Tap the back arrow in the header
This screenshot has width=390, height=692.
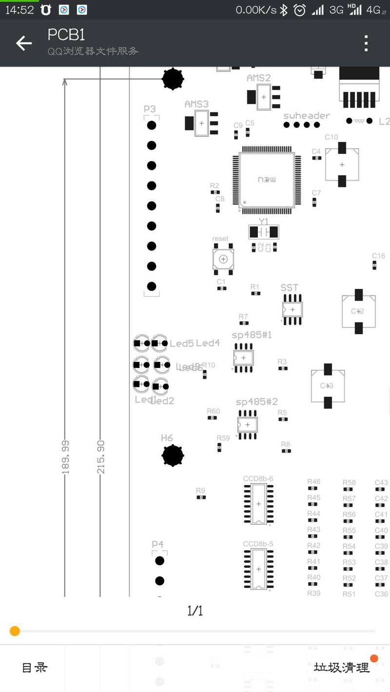click(x=23, y=43)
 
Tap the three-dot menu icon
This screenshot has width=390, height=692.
click(x=366, y=43)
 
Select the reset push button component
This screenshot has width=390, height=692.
click(x=223, y=259)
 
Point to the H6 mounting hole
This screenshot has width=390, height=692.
click(x=173, y=455)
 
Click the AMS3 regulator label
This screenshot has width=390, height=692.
click(x=196, y=104)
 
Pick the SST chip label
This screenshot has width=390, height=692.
click(x=289, y=288)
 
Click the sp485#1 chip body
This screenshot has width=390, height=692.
click(x=244, y=358)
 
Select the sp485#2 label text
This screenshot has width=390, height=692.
click(x=256, y=401)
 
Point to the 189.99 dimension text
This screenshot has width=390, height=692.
click(x=65, y=457)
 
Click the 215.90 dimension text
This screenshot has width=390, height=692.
click(x=101, y=457)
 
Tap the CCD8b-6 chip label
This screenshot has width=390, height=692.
click(x=258, y=478)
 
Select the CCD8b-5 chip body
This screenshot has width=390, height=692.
click(x=258, y=569)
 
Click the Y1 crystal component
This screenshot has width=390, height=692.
click(x=263, y=232)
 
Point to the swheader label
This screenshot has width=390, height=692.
click(x=306, y=116)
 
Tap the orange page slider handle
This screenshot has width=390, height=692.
click(x=15, y=631)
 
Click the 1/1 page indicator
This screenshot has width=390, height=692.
click(x=195, y=611)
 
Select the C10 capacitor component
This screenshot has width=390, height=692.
click(x=342, y=164)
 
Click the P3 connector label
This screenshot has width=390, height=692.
click(x=150, y=109)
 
